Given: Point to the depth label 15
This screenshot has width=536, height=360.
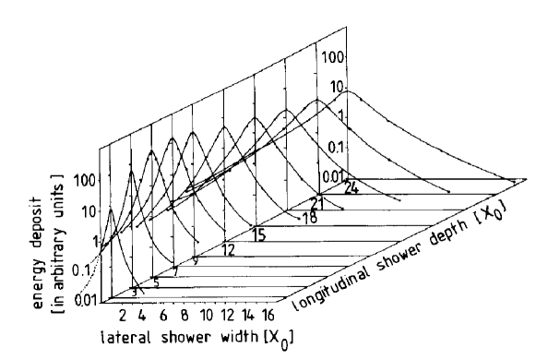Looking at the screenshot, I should point(259,234).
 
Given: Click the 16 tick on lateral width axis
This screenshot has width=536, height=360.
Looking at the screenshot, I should point(275,308).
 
